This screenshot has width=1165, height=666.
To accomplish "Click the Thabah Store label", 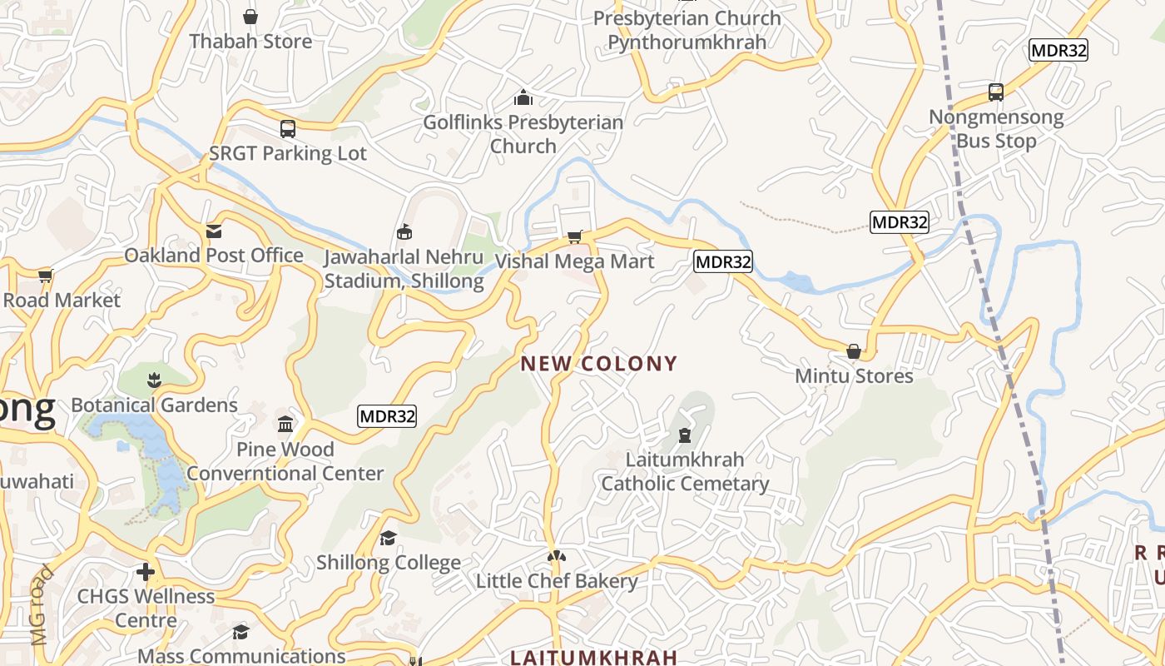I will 250,41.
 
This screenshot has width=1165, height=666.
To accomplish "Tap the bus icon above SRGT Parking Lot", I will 288,129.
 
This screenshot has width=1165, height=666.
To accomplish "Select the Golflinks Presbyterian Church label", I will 523,134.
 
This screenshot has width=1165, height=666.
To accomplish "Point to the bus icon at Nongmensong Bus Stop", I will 996,92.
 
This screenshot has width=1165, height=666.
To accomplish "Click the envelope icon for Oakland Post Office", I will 214,231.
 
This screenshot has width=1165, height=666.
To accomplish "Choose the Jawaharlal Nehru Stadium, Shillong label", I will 404,269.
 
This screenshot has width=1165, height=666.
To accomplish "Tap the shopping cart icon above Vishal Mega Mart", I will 574,237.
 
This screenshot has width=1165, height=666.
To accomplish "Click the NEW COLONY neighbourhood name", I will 599,364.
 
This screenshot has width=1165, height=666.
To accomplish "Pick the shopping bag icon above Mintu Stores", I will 854,351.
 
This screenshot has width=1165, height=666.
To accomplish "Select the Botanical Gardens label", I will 155,405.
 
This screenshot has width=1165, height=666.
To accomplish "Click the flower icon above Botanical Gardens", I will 154,381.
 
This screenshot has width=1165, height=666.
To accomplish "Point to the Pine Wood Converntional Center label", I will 285,461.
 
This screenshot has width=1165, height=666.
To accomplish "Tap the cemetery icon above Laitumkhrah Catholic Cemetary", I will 685,435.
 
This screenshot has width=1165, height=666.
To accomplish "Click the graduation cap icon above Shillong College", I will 388,539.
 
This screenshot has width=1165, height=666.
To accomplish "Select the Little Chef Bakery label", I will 557,581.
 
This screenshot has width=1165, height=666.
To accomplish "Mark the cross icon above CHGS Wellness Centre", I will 146,572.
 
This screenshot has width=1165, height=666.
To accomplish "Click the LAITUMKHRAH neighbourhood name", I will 593,658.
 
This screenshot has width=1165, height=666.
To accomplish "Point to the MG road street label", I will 42,606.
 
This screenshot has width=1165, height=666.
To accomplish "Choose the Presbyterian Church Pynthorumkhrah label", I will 687,30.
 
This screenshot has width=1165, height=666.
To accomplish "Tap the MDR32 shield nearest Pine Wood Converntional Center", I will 387,416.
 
